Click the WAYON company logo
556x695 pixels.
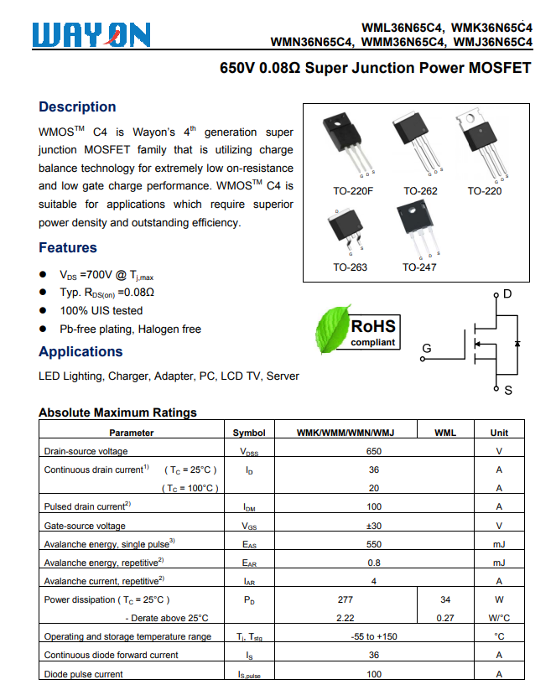pyautogui.click(x=92, y=34)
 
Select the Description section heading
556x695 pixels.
pyautogui.click(x=77, y=106)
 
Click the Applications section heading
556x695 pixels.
pyautogui.click(x=81, y=351)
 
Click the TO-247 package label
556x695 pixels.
pyautogui.click(x=419, y=267)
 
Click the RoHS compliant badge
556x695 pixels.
pyautogui.click(x=373, y=331)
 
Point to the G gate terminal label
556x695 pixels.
pyautogui.click(x=426, y=349)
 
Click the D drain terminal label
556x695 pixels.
pyautogui.click(x=507, y=294)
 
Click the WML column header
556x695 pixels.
pyautogui.click(x=445, y=433)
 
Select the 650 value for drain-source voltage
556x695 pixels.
pyautogui.click(x=374, y=451)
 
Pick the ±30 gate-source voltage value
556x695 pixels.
pyautogui.click(x=374, y=526)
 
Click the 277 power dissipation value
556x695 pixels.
pyautogui.click(x=346, y=599)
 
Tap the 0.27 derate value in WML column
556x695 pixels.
pyautogui.click(x=445, y=618)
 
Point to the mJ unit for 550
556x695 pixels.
pyautogui.click(x=499, y=544)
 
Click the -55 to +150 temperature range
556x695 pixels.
pyautogui.click(x=374, y=636)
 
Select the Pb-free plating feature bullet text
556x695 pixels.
pyautogui.click(x=130, y=329)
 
